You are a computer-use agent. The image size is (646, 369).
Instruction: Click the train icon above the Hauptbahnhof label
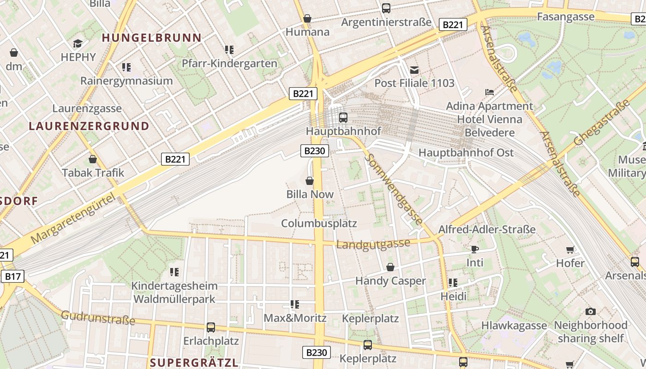[343, 117]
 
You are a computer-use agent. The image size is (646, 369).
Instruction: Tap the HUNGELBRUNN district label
[151, 38]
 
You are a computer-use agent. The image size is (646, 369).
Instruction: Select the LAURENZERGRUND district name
[89, 126]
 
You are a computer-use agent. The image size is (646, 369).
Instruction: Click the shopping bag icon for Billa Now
[310, 181]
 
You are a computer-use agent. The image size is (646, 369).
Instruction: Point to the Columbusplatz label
[319, 224]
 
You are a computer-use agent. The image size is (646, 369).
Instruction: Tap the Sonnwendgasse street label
[393, 189]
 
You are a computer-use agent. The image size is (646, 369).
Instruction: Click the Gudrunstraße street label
[98, 317]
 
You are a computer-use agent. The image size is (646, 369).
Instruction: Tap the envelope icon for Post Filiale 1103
[414, 70]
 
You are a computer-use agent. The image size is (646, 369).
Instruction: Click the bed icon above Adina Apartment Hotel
[490, 92]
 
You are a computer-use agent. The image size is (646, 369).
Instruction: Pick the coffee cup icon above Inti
[475, 250]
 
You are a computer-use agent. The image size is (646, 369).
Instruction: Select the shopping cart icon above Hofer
[570, 250]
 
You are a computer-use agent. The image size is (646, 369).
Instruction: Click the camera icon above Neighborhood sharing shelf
[590, 312]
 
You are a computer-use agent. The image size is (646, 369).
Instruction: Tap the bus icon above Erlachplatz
[211, 327]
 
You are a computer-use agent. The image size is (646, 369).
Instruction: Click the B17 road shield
[12, 276]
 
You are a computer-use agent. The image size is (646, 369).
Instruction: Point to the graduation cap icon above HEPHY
[78, 44]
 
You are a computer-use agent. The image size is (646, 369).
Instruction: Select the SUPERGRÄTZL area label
[194, 362]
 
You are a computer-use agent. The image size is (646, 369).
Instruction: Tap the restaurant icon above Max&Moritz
[295, 304]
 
